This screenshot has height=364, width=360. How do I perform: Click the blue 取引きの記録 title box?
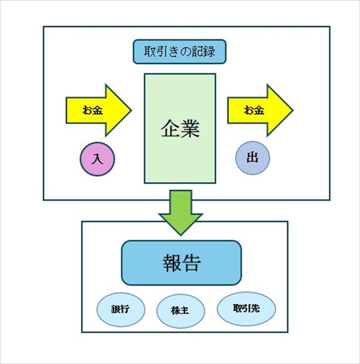tap(179, 51)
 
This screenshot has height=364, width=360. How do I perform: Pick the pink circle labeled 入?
tap(97, 159)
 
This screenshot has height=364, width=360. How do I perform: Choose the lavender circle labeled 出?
tap(252, 158)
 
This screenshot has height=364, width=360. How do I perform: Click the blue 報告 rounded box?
tap(181, 263)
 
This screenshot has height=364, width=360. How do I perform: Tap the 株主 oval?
tap(181, 311)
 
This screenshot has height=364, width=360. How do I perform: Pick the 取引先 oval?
tap(246, 308)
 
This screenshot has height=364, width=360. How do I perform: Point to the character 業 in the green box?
tap(190, 129)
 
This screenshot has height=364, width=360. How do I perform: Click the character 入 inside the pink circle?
tap(97, 159)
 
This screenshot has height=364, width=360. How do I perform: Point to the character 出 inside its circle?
tap(252, 158)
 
